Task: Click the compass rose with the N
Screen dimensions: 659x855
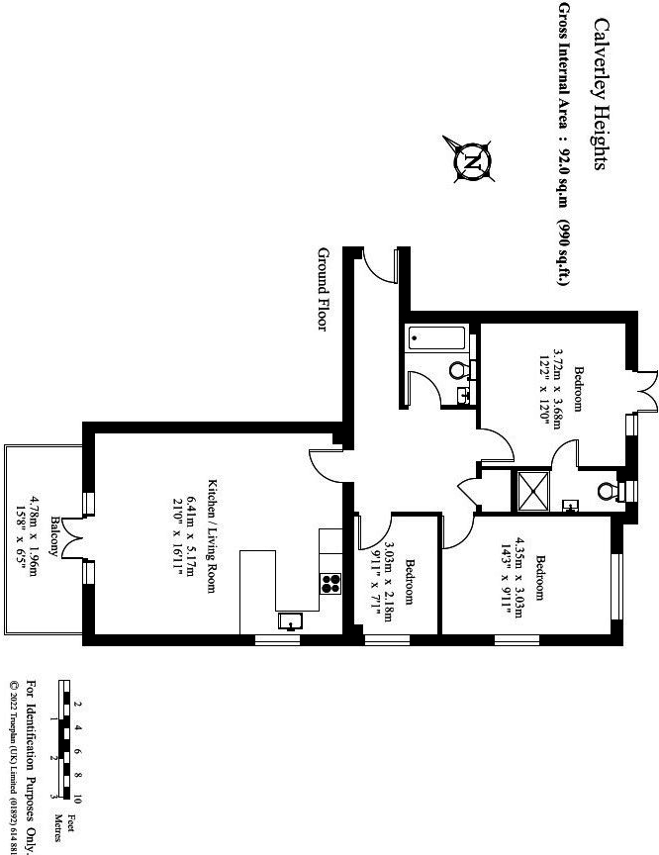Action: pyautogui.click(x=473, y=159)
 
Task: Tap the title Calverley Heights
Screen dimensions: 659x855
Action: pyautogui.click(x=599, y=93)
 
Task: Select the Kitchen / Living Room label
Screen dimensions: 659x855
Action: pyautogui.click(x=210, y=535)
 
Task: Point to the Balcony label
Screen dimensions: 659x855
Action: pyautogui.click(x=56, y=539)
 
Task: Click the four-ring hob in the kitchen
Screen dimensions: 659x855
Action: pyautogui.click(x=330, y=583)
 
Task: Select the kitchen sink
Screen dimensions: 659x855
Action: pyautogui.click(x=290, y=620)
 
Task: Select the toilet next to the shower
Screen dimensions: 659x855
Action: pyautogui.click(x=610, y=489)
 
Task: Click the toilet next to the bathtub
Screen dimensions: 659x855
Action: pyautogui.click(x=458, y=370)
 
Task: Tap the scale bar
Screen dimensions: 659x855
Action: pyautogui.click(x=63, y=740)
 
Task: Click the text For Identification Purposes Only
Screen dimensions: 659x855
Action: pyautogui.click(x=31, y=768)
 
